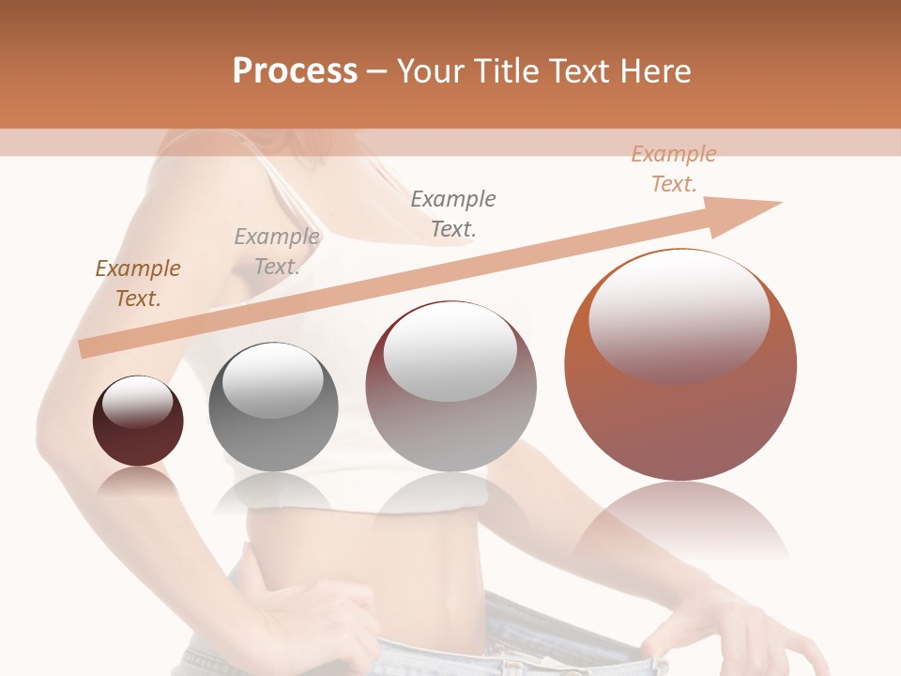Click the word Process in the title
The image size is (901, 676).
(x=295, y=71)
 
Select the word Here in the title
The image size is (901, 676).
(x=657, y=71)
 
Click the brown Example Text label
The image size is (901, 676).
(x=138, y=284)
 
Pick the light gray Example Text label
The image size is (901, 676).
(x=276, y=252)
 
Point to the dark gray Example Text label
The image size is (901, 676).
(x=453, y=213)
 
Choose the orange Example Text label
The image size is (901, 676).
(x=673, y=169)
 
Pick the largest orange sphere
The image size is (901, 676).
(x=680, y=413)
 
